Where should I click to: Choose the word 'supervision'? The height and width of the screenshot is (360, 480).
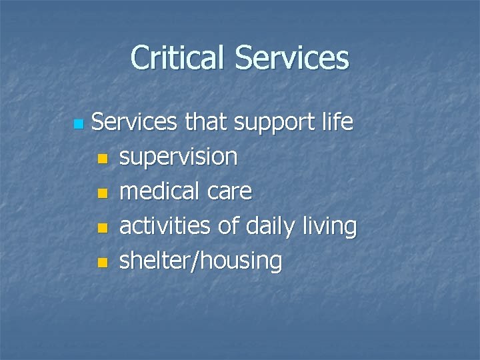coord(178,158)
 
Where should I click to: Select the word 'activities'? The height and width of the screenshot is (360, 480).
coord(167,227)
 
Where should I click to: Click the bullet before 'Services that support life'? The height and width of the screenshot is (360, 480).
coord(78,125)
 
